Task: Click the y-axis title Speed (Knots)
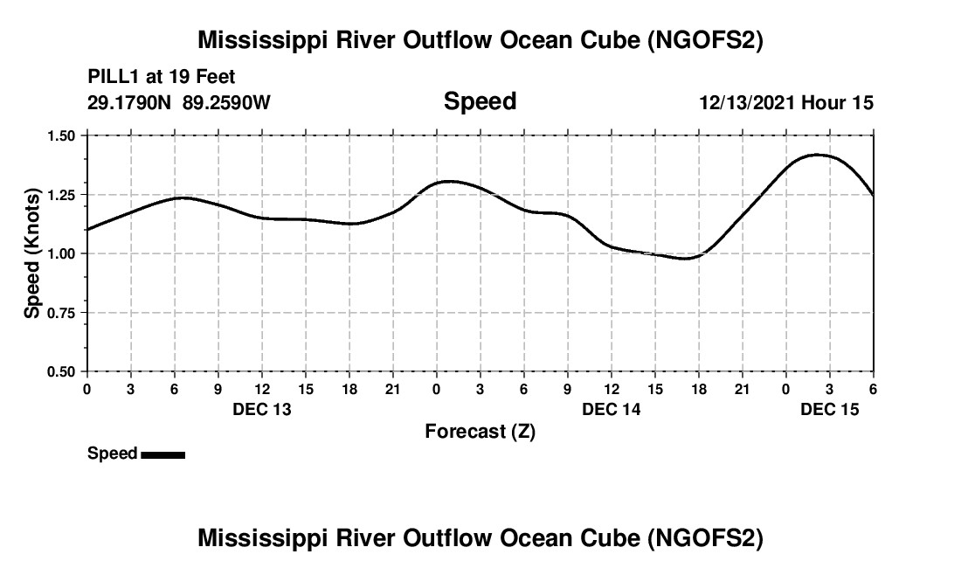(x=32, y=253)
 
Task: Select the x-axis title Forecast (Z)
(x=480, y=431)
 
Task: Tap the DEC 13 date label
(x=262, y=409)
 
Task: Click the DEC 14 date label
(x=612, y=409)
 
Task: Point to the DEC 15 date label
(x=830, y=409)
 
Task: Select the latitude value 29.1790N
(x=131, y=102)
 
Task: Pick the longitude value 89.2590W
(x=227, y=102)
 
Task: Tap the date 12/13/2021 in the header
(x=748, y=102)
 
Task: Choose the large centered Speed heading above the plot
(x=480, y=101)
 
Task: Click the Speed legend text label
(x=112, y=454)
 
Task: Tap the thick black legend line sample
(x=162, y=454)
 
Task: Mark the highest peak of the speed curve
(x=818, y=155)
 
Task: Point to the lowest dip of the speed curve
(x=687, y=259)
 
